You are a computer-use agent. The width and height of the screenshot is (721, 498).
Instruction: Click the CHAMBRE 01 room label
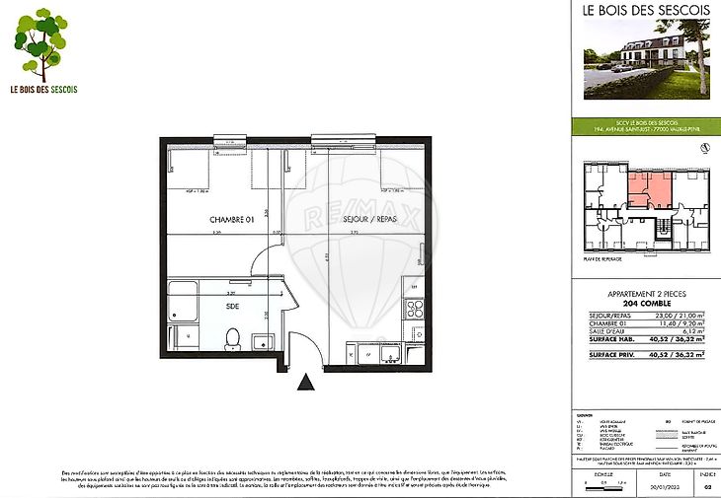pyautogui.click(x=226, y=220)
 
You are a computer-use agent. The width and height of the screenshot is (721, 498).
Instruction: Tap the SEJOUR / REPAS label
pyautogui.click(x=369, y=220)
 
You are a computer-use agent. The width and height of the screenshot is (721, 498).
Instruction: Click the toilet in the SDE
pyautogui.click(x=232, y=339)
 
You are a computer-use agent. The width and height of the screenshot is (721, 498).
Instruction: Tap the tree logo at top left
pyautogui.click(x=41, y=44)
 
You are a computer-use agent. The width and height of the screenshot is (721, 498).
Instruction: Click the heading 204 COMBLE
pyautogui.click(x=646, y=306)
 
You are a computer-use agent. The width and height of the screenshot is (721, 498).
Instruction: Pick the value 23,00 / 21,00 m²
pyautogui.click(x=690, y=315)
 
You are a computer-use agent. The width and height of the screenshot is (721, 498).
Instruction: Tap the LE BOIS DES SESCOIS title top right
pyautogui.click(x=646, y=12)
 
